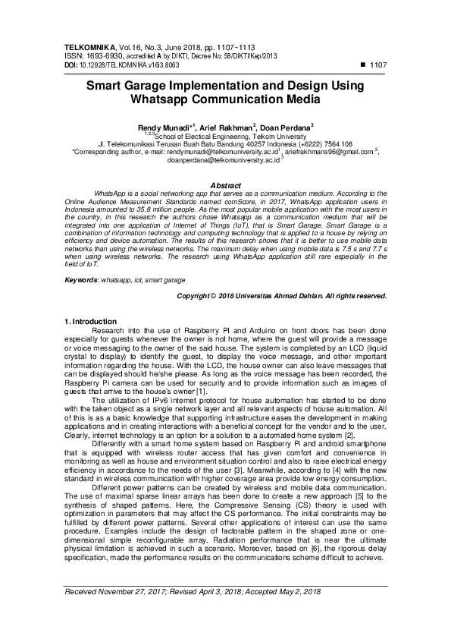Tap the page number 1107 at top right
[377, 65]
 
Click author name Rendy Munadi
[163, 127]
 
